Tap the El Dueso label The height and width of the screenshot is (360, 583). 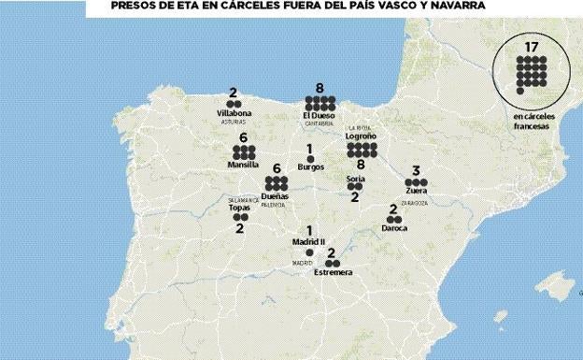(320, 115)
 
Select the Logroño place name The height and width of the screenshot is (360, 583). (361, 137)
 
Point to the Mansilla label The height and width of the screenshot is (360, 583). (243, 165)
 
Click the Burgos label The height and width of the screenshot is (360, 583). (310, 167)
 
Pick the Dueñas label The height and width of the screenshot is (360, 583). (275, 196)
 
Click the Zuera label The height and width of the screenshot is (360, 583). (417, 192)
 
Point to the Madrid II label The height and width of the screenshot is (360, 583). (308, 241)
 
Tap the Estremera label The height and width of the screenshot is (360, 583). (334, 272)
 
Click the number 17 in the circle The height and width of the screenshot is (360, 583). (532, 46)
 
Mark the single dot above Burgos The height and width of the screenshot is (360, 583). (310, 158)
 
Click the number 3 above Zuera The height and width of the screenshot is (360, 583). (416, 171)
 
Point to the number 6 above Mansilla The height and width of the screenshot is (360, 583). (243, 137)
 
